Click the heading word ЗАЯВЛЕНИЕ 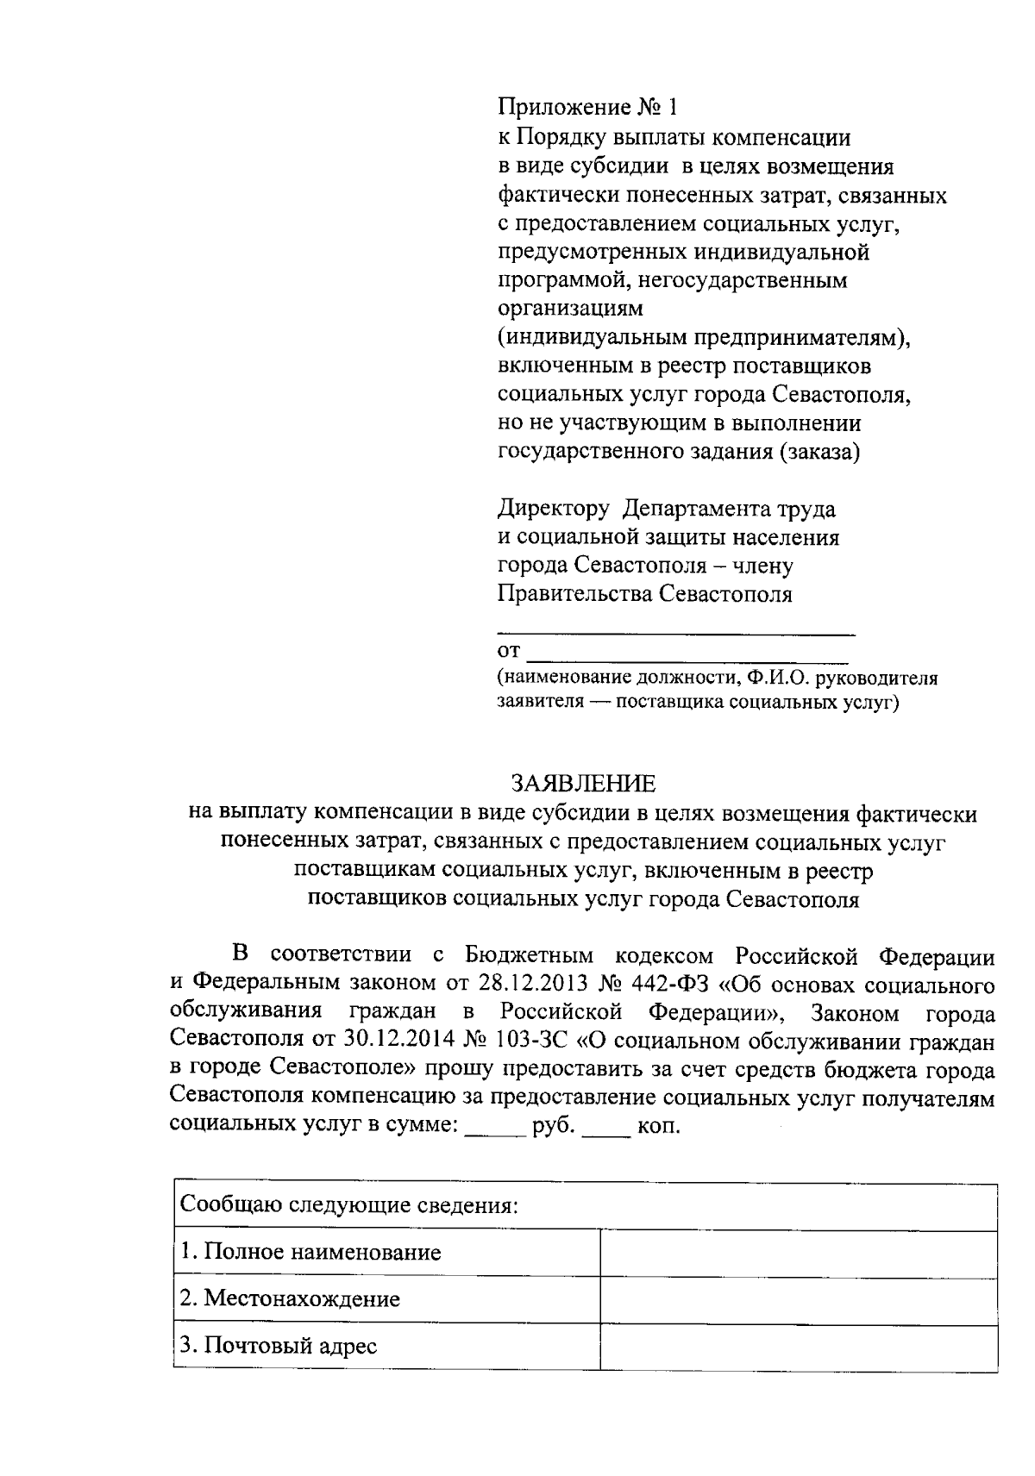tap(583, 784)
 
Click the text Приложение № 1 tap(589, 109)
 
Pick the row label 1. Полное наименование tap(310, 1252)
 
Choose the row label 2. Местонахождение tap(291, 1299)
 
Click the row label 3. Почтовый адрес tap(279, 1346)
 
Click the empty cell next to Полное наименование tap(798, 1253)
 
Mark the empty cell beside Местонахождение tap(798, 1300)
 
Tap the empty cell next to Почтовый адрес tap(798, 1347)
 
